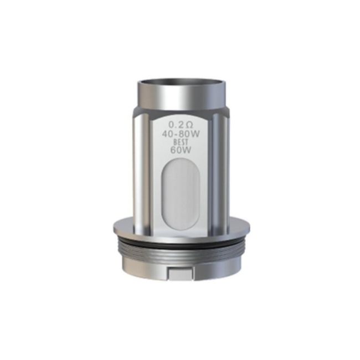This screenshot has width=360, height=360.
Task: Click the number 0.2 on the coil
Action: coord(176,125)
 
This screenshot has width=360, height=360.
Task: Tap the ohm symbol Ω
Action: coord(189,125)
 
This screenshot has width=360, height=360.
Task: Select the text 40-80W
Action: coord(181,133)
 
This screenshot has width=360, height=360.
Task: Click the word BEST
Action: coord(181,142)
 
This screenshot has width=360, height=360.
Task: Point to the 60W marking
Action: coord(181,150)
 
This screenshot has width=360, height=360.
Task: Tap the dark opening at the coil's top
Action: coord(181,81)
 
